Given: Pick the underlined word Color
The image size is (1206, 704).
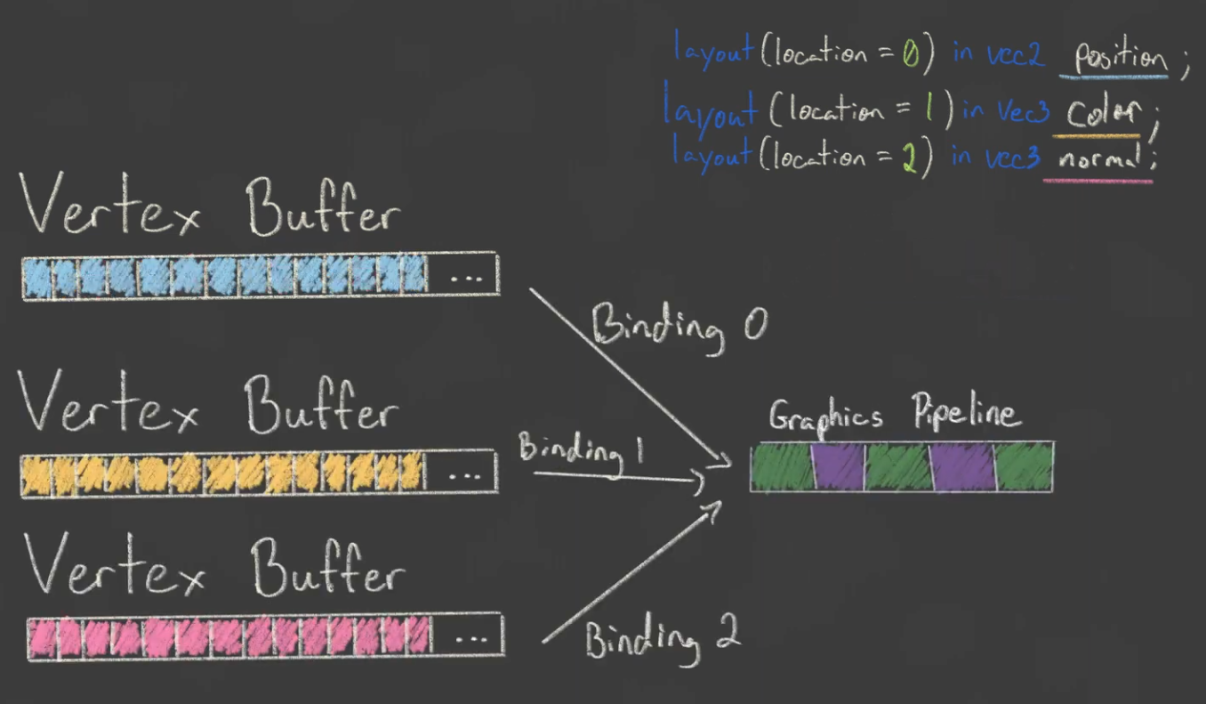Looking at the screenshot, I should (x=1103, y=113).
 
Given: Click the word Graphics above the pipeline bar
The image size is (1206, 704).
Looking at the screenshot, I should (x=825, y=416).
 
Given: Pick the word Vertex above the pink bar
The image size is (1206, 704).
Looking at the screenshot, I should (x=114, y=565).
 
